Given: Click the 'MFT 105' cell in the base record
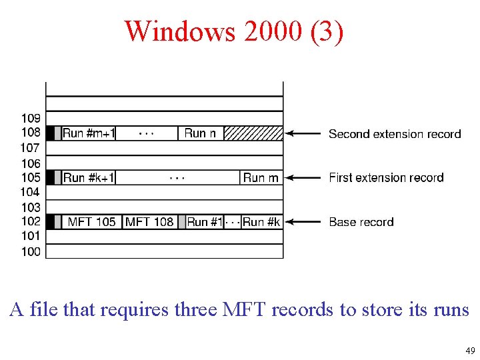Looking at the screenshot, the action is click(92, 222).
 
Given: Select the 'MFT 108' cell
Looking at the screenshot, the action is click(149, 222).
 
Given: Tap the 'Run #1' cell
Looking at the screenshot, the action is click(205, 222).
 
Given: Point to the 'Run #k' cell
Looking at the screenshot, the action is click(261, 222).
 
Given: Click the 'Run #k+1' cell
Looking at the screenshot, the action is click(89, 178).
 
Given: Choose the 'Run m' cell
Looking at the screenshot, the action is click(261, 178).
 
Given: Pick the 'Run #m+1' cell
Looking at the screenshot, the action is click(89, 133).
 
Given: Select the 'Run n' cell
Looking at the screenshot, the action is click(200, 133).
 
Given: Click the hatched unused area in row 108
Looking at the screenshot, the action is click(253, 133).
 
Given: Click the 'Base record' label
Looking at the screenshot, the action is click(361, 222).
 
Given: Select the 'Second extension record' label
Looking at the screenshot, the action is click(395, 134).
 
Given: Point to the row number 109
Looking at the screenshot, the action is click(31, 119).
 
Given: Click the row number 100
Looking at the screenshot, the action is click(31, 251).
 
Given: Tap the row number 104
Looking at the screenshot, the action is click(31, 192).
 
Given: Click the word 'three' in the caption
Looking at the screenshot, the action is click(198, 310).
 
